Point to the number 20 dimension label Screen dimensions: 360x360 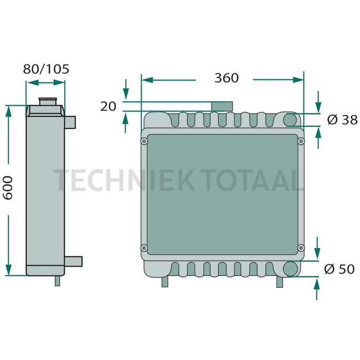[109, 106]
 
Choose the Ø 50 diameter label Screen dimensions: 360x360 [338, 269]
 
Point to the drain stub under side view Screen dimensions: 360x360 [57, 280]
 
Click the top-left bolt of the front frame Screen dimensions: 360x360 [145, 142]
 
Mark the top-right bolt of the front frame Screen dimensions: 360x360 [301, 142]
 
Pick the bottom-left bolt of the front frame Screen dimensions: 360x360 [145, 247]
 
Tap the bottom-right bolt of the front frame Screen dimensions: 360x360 [301, 247]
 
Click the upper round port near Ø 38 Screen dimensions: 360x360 [290, 120]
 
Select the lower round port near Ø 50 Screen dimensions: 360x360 [290, 269]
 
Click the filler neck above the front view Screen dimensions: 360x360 [222, 106]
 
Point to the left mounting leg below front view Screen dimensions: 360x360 [164, 281]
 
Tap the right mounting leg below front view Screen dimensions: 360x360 [280, 281]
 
